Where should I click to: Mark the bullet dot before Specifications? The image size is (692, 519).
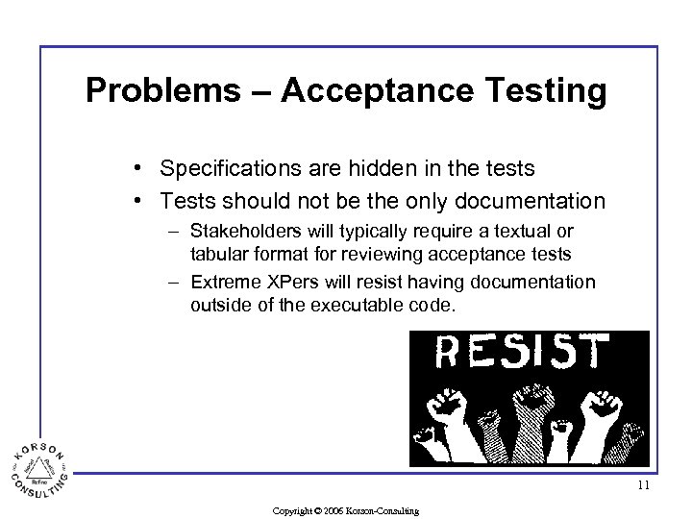[x=140, y=169]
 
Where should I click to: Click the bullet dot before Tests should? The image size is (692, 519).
[x=140, y=201]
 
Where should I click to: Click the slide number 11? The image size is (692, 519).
[x=643, y=485]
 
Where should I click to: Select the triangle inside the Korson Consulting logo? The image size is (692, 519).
[x=39, y=467]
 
